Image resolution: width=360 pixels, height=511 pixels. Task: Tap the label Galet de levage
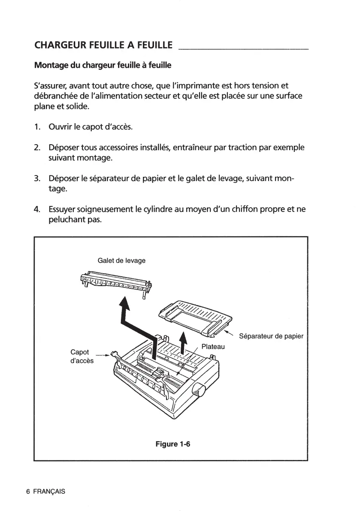click(x=121, y=260)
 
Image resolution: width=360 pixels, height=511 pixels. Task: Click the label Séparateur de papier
click(x=271, y=336)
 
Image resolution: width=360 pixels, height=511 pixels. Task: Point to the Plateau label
click(x=213, y=346)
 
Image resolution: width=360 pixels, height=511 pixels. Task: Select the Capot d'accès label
click(x=82, y=356)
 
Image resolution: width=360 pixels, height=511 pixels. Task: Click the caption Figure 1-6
click(x=172, y=444)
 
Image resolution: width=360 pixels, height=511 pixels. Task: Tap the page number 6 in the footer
click(x=28, y=491)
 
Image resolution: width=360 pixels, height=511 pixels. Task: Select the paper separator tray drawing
click(x=195, y=318)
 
